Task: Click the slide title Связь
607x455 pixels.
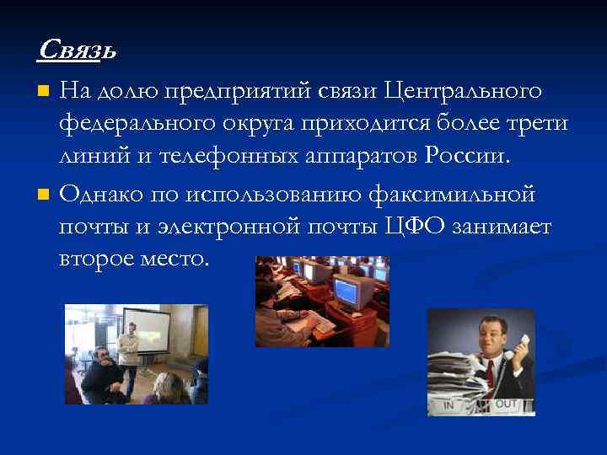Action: [x=77, y=51]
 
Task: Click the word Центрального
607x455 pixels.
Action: [x=462, y=89]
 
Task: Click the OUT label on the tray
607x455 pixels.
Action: [x=506, y=404]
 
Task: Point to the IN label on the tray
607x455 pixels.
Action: [x=449, y=405]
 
